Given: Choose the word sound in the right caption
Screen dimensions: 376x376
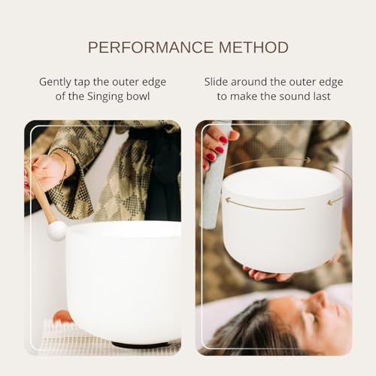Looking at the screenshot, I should point(290,96).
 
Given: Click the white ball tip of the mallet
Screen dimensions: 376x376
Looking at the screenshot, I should point(57,230).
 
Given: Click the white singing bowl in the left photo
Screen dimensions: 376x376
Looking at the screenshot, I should point(124,282).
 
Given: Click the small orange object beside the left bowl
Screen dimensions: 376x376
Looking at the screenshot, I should point(62,317).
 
